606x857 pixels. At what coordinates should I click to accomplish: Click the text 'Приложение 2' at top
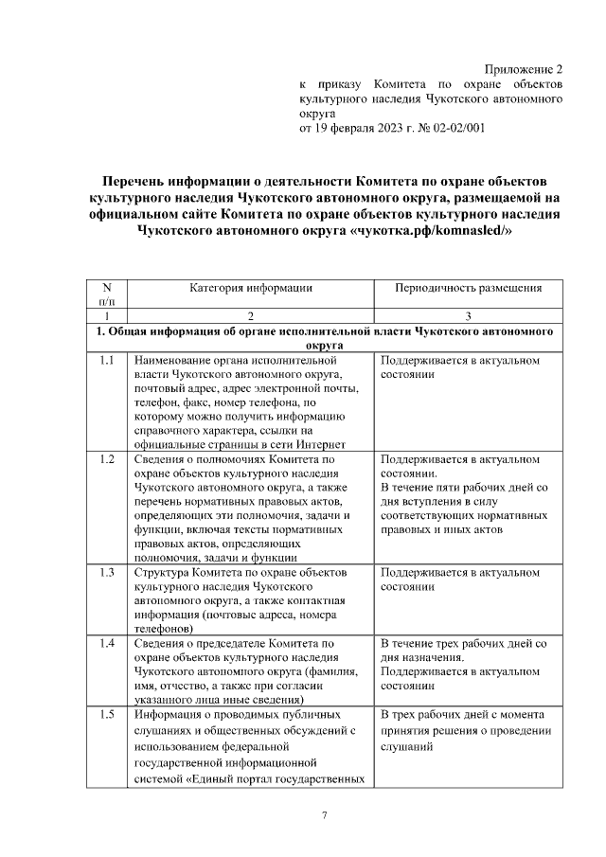pyautogui.click(x=524, y=69)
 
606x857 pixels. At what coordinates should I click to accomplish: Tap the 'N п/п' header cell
pyautogui.click(x=106, y=293)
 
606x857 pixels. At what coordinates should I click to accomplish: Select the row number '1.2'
pyautogui.click(x=106, y=459)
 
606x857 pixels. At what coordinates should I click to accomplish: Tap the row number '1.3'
pyautogui.click(x=106, y=573)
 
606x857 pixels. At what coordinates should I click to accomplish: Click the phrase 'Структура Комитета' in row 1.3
pyautogui.click(x=190, y=573)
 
